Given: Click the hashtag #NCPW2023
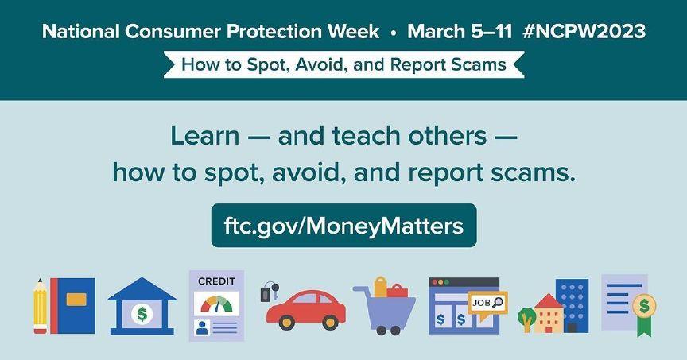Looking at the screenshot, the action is pyautogui.click(x=584, y=32).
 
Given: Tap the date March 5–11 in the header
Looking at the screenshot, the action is pyautogui.click(x=460, y=32).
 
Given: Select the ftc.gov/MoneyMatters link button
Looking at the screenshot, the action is pyautogui.click(x=343, y=226).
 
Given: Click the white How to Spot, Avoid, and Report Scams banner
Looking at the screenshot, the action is pyautogui.click(x=344, y=65).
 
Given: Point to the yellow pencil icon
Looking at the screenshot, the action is pyautogui.click(x=40, y=306).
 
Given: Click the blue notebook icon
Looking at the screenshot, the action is pyautogui.click(x=72, y=306).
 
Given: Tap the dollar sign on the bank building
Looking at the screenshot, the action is pyautogui.click(x=142, y=314).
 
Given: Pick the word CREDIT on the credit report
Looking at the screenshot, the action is pyautogui.click(x=216, y=281).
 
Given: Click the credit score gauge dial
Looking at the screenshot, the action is pyautogui.click(x=216, y=304).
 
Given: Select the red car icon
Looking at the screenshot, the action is pyautogui.click(x=306, y=310).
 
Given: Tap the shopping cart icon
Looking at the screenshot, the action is pyautogui.click(x=385, y=305).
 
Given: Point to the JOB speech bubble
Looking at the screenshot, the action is pyautogui.click(x=487, y=303).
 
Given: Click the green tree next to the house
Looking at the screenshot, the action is pyautogui.click(x=527, y=319).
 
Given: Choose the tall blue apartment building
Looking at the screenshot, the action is pyautogui.click(x=572, y=306).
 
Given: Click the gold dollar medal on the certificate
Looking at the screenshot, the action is pyautogui.click(x=644, y=306).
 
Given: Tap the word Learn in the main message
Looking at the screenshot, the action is pyautogui.click(x=204, y=136).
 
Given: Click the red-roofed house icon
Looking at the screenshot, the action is pyautogui.click(x=549, y=313).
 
